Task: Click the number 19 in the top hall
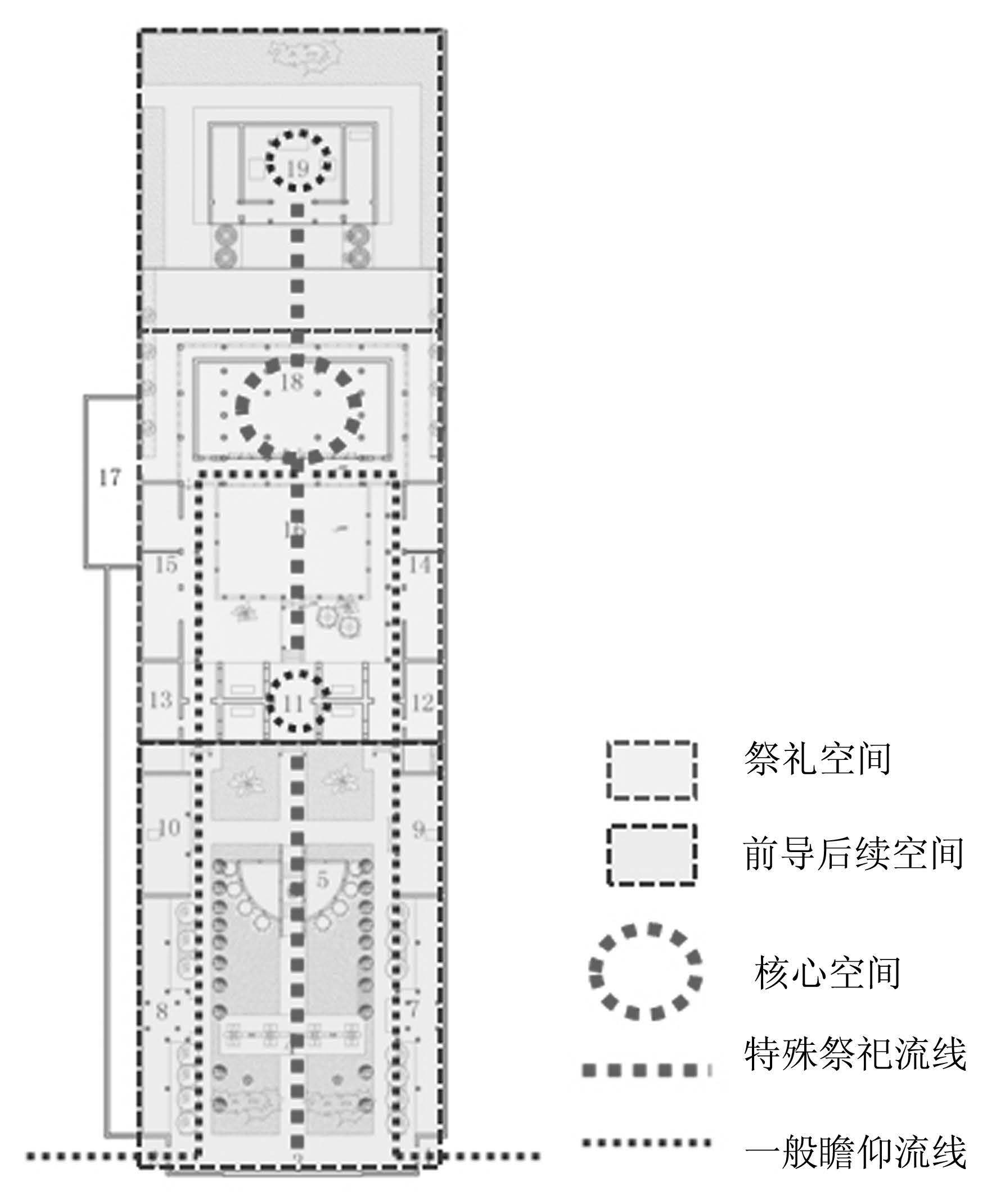pos(298,169)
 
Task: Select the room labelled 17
pos(110,477)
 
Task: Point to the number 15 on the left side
pos(166,565)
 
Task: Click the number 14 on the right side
pos(418,565)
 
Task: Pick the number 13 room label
pos(161,699)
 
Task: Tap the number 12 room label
pos(422,702)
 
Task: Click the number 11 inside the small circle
pos(294,704)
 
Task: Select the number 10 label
pos(169,827)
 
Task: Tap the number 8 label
pos(162,1012)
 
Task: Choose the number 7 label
pos(413,1008)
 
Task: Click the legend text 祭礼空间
pos(817,759)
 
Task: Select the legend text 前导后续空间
pos(854,853)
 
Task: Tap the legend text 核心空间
pos(827,973)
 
